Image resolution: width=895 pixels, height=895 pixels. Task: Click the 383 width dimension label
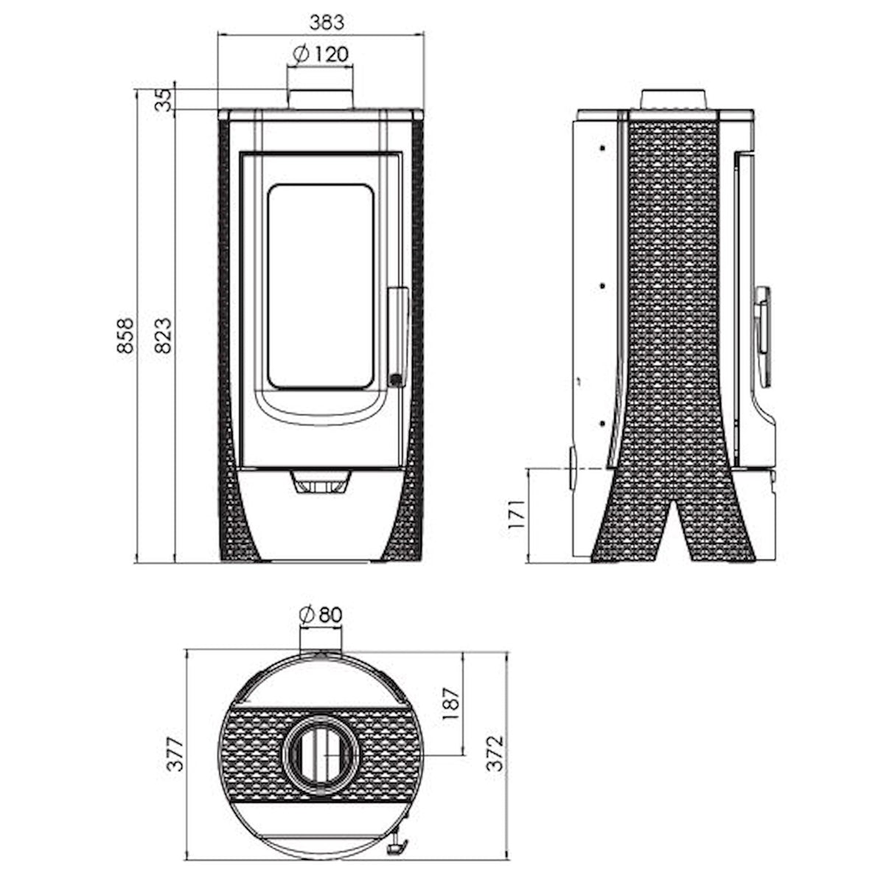326,22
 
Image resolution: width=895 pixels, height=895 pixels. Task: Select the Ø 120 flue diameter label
320,54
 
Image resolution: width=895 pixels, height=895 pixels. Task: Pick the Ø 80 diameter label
321,613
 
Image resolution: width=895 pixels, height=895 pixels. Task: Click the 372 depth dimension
496,753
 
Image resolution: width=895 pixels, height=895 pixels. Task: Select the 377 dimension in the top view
174,753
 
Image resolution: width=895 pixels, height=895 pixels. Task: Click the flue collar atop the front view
320,100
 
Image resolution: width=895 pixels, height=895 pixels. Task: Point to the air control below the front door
320,484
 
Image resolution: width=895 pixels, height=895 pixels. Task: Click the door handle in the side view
763,324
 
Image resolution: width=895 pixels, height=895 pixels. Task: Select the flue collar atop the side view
674,100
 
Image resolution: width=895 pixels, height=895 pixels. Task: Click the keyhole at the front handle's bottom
396,380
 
